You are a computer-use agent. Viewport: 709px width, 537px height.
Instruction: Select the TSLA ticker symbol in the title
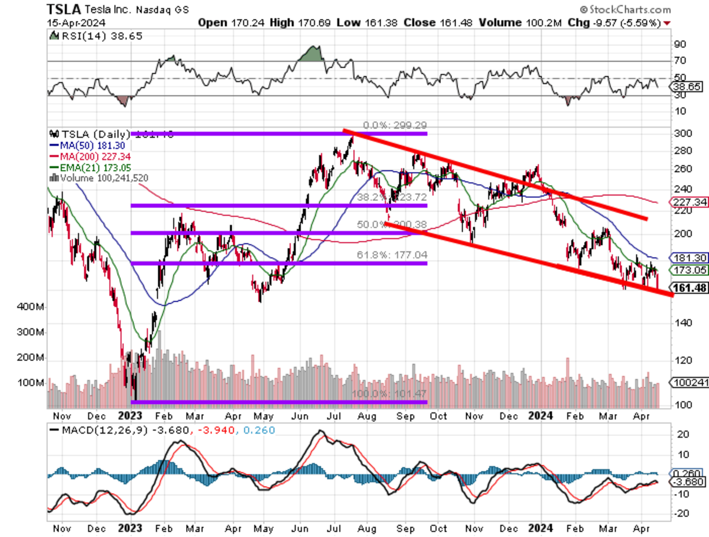point(64,9)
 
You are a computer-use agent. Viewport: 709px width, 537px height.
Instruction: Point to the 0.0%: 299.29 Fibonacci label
point(394,125)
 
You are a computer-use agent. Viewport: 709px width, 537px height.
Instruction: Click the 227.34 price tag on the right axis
point(686,202)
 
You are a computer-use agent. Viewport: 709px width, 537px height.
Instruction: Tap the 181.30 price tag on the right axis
point(686,258)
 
